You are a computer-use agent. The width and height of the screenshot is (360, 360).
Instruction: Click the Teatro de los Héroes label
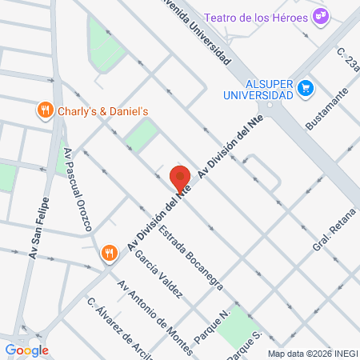(256, 17)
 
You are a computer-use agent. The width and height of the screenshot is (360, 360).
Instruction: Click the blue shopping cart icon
(304, 87)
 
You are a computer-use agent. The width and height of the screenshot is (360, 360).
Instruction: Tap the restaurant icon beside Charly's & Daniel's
(46, 111)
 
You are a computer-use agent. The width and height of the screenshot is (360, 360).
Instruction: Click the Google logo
(26, 350)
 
